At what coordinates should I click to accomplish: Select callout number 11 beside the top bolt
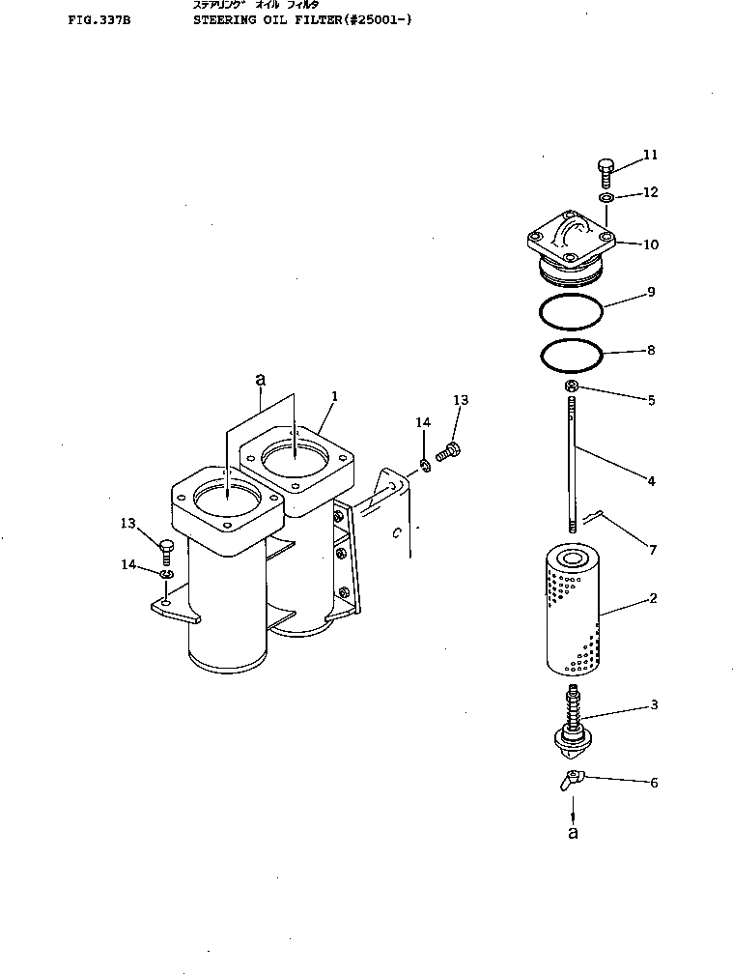(x=650, y=155)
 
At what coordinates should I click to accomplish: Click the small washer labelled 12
(x=605, y=198)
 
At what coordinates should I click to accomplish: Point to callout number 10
(x=650, y=244)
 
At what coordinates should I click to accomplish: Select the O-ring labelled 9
(x=571, y=313)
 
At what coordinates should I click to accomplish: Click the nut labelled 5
(x=571, y=388)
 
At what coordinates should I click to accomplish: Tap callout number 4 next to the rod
(x=651, y=480)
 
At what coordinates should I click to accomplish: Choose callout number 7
(x=653, y=550)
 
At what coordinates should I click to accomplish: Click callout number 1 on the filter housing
(x=333, y=396)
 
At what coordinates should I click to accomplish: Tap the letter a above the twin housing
(x=260, y=380)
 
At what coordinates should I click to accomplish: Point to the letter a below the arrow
(x=573, y=833)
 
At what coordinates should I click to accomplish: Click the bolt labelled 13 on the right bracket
(x=448, y=449)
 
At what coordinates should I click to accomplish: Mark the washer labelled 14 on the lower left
(x=167, y=576)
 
